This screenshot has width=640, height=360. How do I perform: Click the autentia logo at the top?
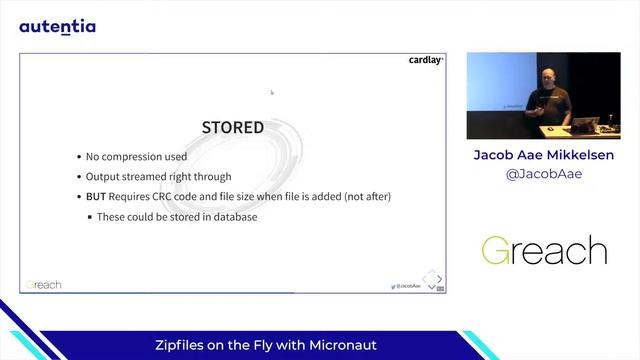pyautogui.click(x=57, y=26)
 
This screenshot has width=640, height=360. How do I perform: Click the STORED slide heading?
pyautogui.click(x=233, y=128)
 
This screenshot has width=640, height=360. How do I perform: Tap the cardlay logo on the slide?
pyautogui.click(x=425, y=60)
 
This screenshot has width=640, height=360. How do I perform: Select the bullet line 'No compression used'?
pyautogui.click(x=136, y=157)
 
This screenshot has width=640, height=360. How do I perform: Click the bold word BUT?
pyautogui.click(x=96, y=197)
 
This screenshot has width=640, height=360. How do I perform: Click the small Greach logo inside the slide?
pyautogui.click(x=44, y=285)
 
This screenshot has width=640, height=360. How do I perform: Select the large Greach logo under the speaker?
pyautogui.click(x=543, y=250)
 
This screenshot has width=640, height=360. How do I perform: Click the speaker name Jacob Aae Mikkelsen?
pyautogui.click(x=543, y=156)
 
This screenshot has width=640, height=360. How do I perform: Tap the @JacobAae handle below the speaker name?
pyautogui.click(x=543, y=174)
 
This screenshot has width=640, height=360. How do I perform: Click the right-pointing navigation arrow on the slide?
pyautogui.click(x=439, y=278)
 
